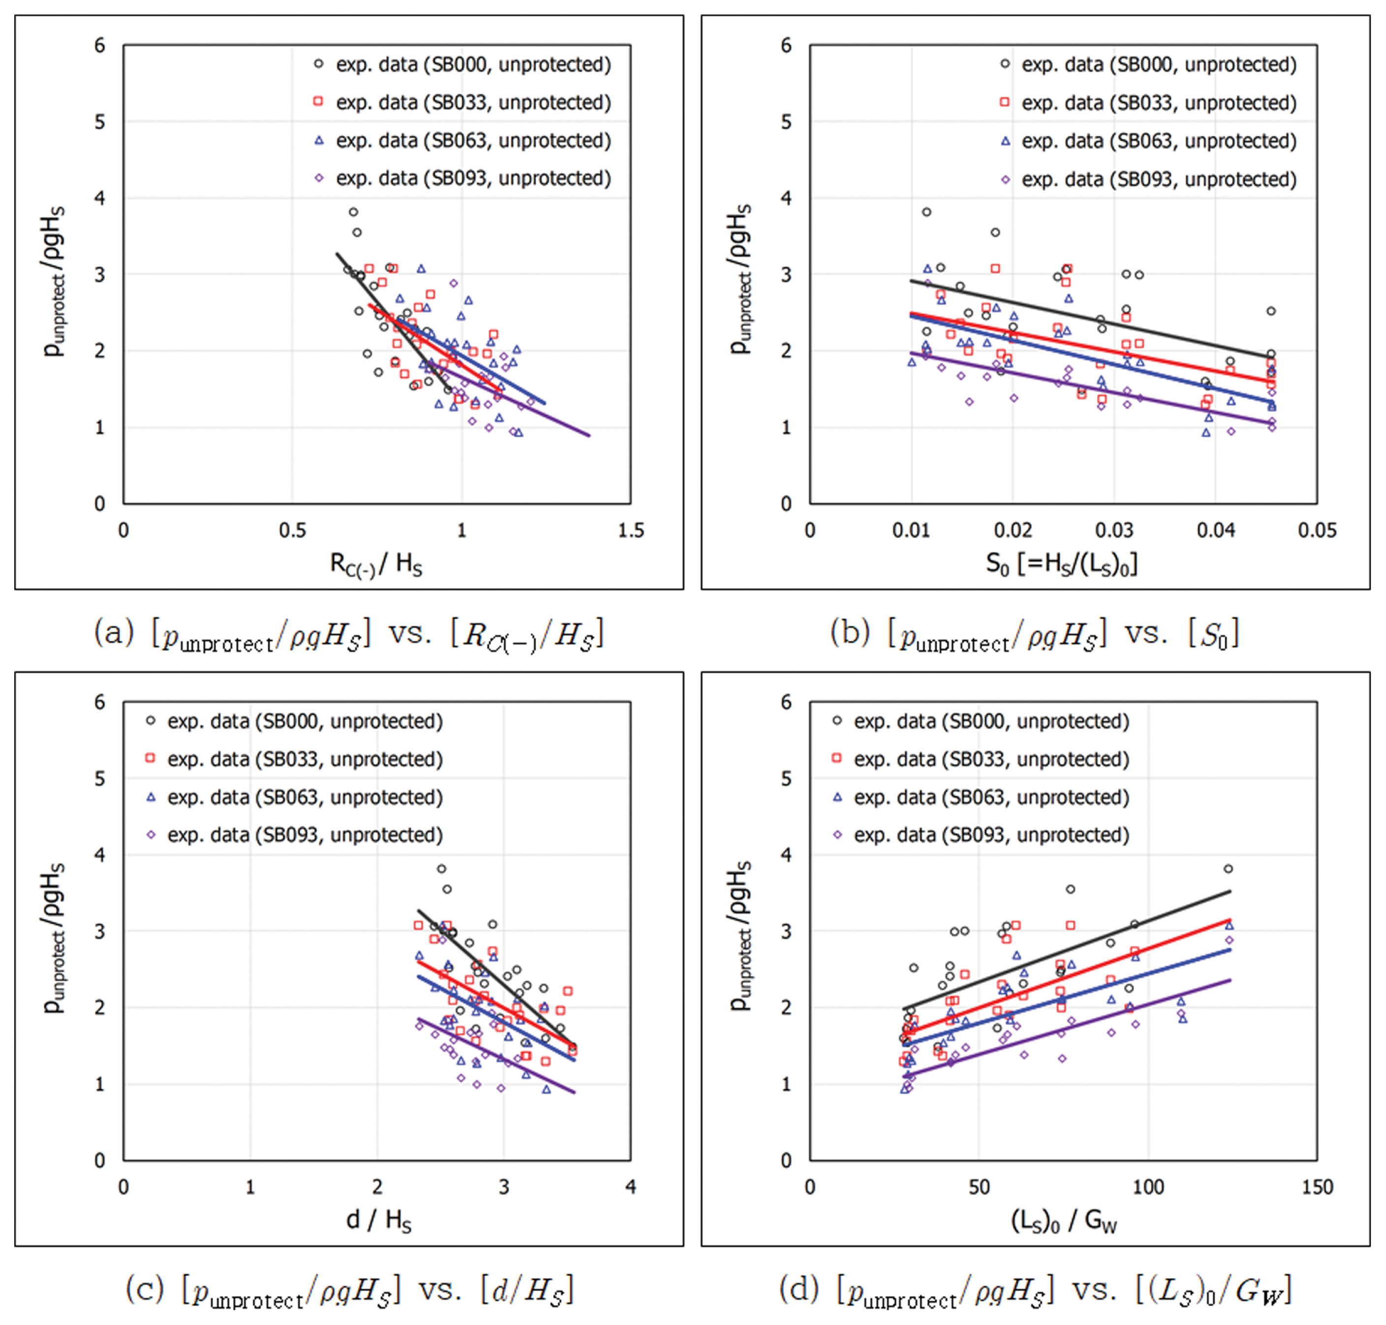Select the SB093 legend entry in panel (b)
pyautogui.click(x=1158, y=179)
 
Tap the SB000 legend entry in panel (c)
pyautogui.click(x=304, y=721)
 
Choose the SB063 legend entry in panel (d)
pyautogui.click(x=991, y=797)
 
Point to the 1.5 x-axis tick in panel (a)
pyautogui.click(x=630, y=530)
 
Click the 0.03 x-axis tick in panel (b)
pyautogui.click(x=1114, y=530)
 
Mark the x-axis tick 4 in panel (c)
pyautogui.click(x=630, y=1187)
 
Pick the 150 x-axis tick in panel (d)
pyautogui.click(x=1317, y=1187)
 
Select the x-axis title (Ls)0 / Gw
pyautogui.click(x=1063, y=1221)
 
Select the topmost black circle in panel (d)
pyautogui.click(x=1228, y=869)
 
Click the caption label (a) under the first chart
pyautogui.click(x=114, y=632)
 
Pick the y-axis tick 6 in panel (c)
pyautogui.click(x=99, y=702)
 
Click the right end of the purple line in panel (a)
pyautogui.click(x=589, y=436)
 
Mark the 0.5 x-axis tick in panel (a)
pyautogui.click(x=292, y=530)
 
